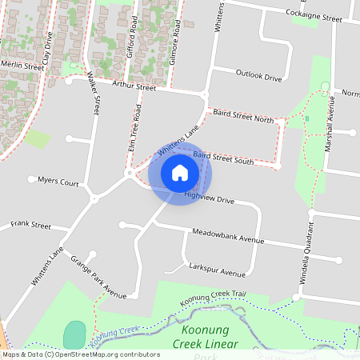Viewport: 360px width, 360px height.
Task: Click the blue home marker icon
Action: point(180,172)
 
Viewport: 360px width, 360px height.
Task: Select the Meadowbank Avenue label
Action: point(228,238)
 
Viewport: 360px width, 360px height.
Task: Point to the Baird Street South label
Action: point(223,158)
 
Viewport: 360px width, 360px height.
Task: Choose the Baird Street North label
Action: point(243,117)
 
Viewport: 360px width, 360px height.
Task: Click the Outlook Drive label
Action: point(259,78)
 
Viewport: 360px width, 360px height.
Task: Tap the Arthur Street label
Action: point(134,86)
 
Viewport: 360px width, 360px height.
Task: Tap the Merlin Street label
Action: point(22,66)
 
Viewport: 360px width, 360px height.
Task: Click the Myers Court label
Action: point(58,182)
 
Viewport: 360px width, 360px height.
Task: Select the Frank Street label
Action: point(30,226)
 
